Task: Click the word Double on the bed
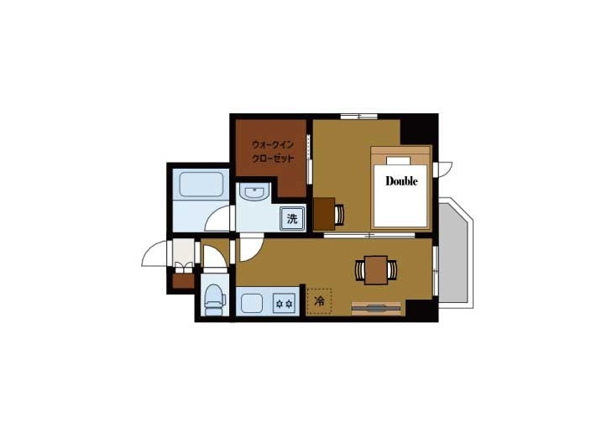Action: [x=401, y=181]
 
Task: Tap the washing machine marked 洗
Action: [x=292, y=219]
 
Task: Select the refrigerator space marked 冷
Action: [x=319, y=301]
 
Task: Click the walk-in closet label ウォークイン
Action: [x=273, y=144]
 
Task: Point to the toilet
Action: [x=214, y=300]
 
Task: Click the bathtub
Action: [x=201, y=184]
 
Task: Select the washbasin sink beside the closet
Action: [x=254, y=193]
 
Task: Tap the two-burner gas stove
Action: [x=284, y=303]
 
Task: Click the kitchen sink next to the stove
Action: [x=252, y=303]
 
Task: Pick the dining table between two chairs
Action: [x=376, y=270]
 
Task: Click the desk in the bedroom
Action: [x=324, y=214]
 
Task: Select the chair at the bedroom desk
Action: [x=340, y=215]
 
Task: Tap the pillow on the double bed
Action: [x=398, y=161]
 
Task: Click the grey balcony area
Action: [x=453, y=253]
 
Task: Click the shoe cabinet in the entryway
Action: [x=184, y=281]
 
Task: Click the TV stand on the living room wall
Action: [x=376, y=308]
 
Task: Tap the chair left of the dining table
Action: [x=360, y=270]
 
